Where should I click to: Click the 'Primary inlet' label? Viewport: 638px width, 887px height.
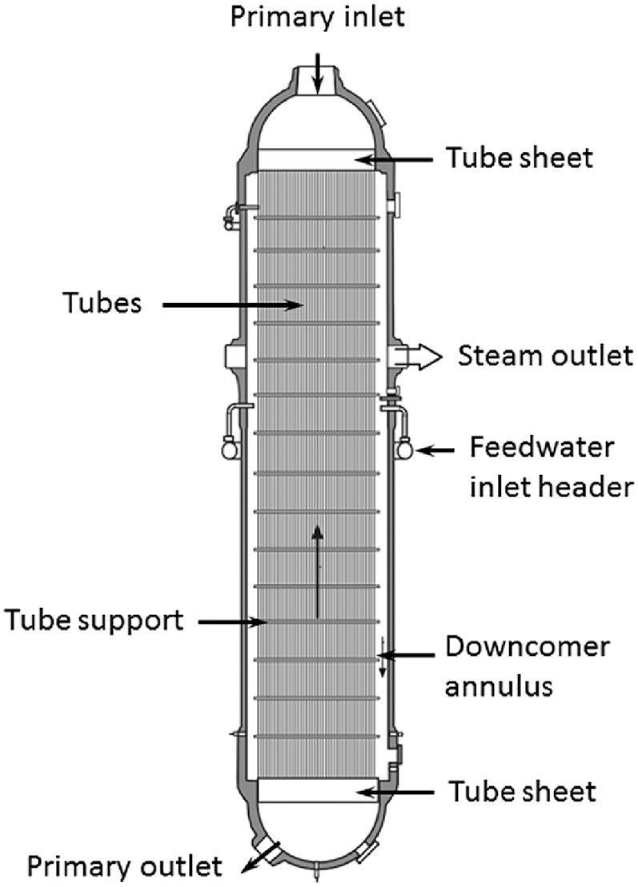pyautogui.click(x=318, y=17)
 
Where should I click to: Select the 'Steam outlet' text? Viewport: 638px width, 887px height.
pyautogui.click(x=545, y=355)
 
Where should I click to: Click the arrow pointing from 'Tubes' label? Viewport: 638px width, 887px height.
pyautogui.click(x=229, y=304)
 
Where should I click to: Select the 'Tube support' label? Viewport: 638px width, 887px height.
pyautogui.click(x=94, y=619)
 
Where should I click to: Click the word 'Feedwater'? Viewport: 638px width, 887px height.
pyautogui.click(x=542, y=446)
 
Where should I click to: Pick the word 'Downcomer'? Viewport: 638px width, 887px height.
pyautogui.click(x=527, y=646)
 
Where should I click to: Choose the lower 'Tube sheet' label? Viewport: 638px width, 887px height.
pyautogui.click(x=521, y=792)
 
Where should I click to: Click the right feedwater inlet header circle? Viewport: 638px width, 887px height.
pyautogui.click(x=405, y=449)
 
